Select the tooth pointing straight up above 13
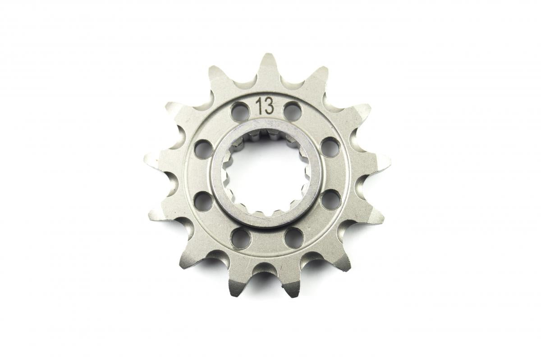click(268, 65)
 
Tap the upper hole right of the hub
click(330, 147)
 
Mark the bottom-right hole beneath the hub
click(293, 237)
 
